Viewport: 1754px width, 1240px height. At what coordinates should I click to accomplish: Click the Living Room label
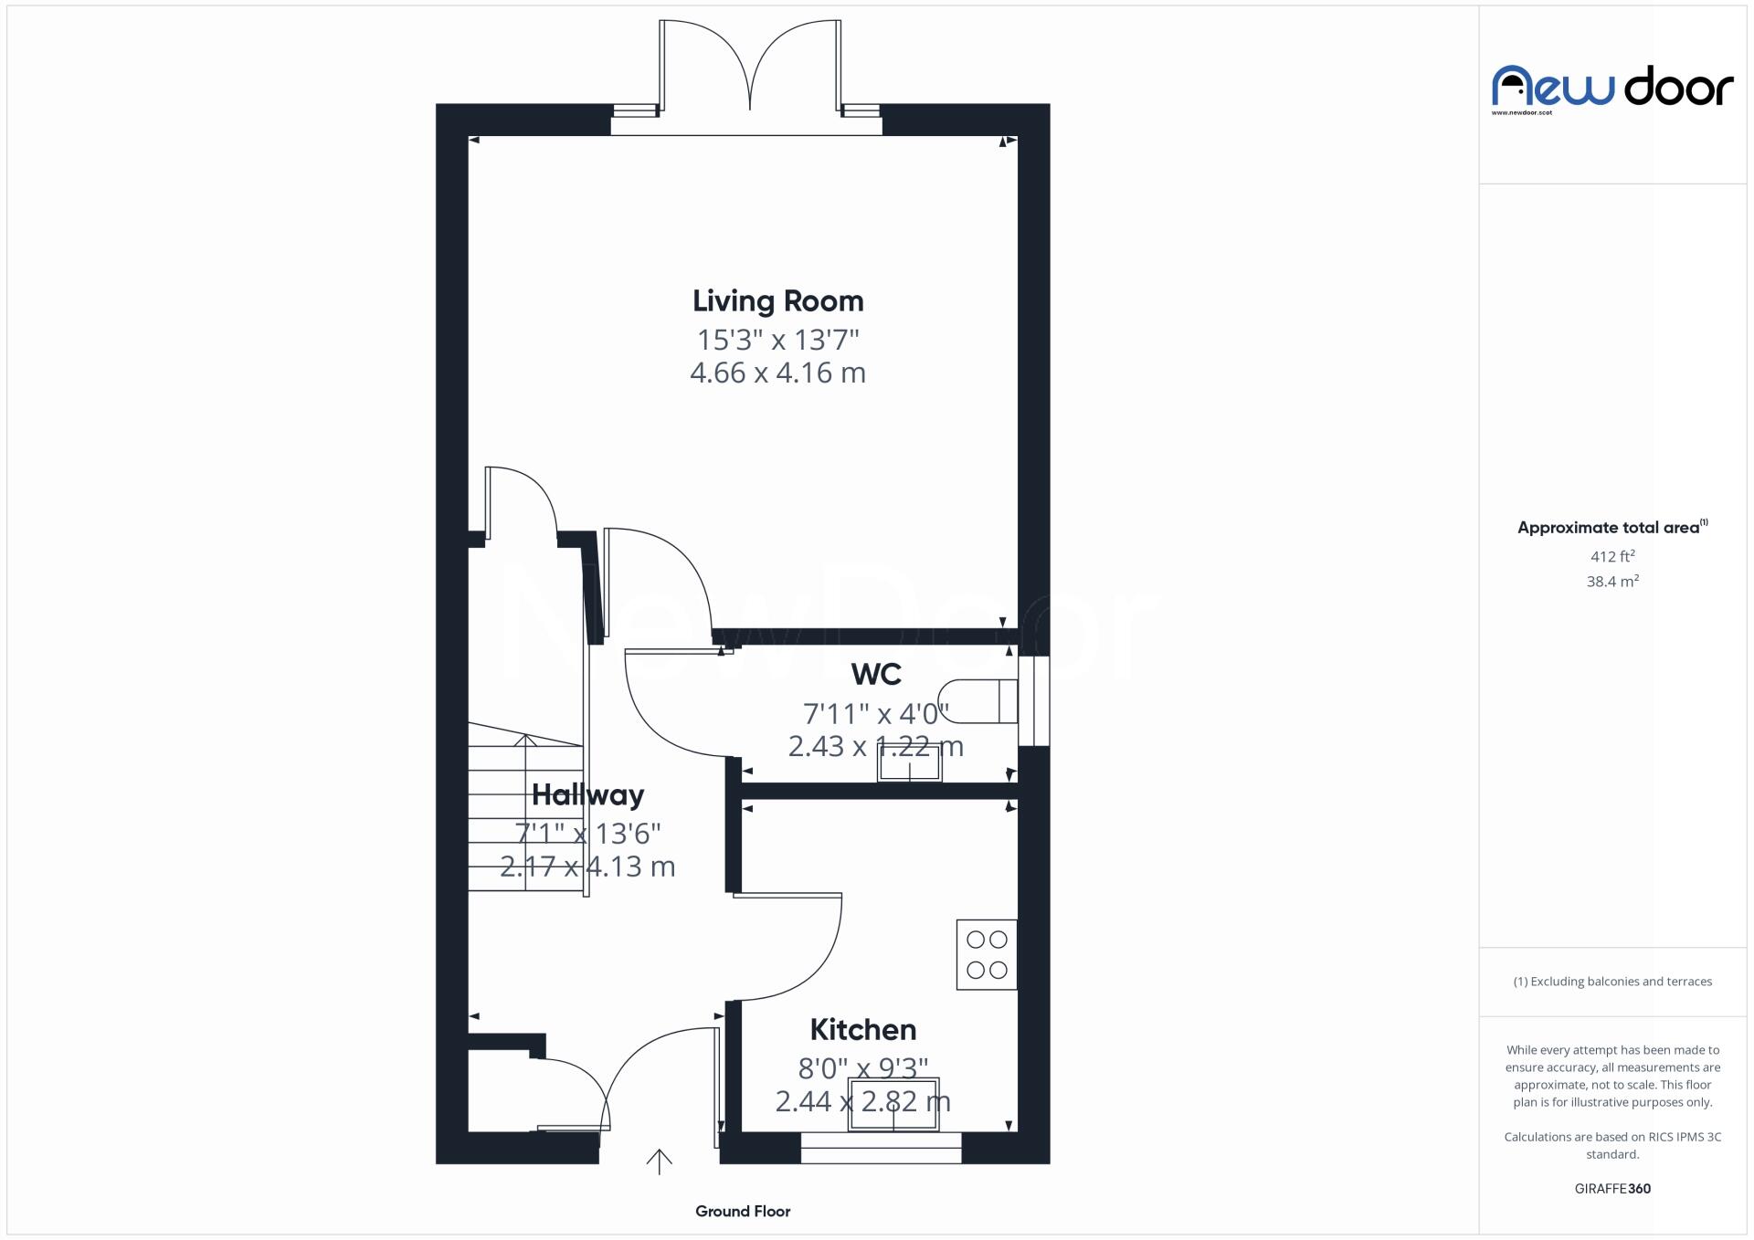point(777,301)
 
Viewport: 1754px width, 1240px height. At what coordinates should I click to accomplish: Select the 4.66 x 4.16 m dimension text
point(777,373)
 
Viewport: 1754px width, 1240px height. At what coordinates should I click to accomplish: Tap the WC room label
point(876,675)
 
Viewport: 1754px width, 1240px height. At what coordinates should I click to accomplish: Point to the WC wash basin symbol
point(909,763)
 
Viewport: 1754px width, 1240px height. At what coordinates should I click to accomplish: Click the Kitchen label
point(862,1030)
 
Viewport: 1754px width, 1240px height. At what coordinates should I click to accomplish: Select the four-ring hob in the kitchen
point(987,954)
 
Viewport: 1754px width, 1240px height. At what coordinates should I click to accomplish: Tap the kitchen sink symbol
point(893,1104)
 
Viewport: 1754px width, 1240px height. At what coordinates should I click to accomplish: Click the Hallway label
point(587,794)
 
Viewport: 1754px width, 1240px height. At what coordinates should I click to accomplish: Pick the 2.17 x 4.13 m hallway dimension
point(587,867)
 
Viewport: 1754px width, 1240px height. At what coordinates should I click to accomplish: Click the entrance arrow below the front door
point(659,1161)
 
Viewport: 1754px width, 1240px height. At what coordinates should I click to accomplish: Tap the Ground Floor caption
point(742,1212)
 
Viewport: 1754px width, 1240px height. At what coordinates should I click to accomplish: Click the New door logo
point(1612,89)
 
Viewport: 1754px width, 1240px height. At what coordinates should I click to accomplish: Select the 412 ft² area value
point(1612,556)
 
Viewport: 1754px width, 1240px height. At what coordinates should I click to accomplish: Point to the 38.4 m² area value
point(1612,582)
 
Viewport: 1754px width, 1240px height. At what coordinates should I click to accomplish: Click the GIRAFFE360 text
point(1612,1189)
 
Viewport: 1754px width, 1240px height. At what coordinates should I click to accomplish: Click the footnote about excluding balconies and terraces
point(1612,982)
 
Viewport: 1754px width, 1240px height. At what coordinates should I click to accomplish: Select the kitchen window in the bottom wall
point(881,1148)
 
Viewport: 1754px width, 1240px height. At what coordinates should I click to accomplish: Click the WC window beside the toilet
point(1033,700)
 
